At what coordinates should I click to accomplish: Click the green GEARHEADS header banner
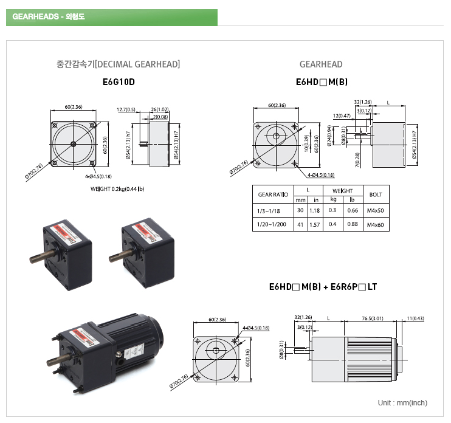pyautogui.click(x=111, y=17)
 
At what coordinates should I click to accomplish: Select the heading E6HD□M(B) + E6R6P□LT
pyautogui.click(x=323, y=286)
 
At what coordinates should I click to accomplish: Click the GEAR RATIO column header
pyautogui.click(x=273, y=194)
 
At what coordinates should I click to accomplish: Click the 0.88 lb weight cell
pyautogui.click(x=353, y=225)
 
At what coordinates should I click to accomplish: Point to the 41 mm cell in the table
pyautogui.click(x=300, y=225)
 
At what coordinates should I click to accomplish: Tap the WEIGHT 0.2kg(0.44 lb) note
pyautogui.click(x=117, y=189)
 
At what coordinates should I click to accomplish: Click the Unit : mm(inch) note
pyautogui.click(x=402, y=403)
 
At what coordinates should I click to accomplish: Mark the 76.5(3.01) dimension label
pyautogui.click(x=371, y=318)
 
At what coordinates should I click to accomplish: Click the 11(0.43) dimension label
pyautogui.click(x=416, y=318)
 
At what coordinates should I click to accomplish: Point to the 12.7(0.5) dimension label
pyautogui.click(x=126, y=110)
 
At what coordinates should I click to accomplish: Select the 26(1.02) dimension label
pyautogui.click(x=160, y=110)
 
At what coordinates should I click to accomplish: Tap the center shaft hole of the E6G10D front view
pyautogui.click(x=74, y=144)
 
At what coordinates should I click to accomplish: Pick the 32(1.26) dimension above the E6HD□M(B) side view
pyautogui.click(x=362, y=102)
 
